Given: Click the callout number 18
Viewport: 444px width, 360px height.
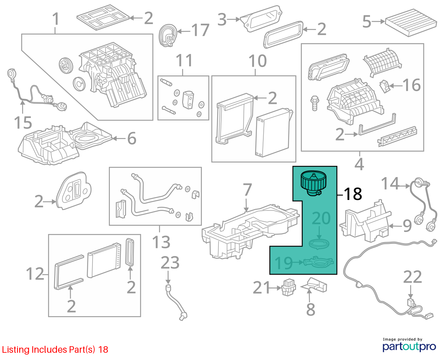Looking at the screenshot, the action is click(353, 194).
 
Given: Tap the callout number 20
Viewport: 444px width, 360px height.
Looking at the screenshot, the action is click(321, 218).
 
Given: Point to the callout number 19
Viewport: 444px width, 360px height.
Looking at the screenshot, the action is click(284, 263).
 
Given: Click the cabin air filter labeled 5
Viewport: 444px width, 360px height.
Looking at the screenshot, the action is click(411, 22).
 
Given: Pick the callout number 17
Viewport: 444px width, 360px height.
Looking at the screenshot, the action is click(200, 30).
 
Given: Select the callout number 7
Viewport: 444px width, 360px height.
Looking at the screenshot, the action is click(247, 189).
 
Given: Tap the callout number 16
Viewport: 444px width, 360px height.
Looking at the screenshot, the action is click(411, 85).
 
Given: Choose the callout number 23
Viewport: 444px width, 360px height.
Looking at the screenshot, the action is click(170, 263).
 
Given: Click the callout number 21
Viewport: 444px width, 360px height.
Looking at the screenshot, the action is click(261, 287).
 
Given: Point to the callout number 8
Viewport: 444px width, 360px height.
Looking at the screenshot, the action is click(311, 310).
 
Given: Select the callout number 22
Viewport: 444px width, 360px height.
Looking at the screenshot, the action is click(412, 277).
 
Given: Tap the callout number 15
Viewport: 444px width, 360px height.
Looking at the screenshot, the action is click(23, 123).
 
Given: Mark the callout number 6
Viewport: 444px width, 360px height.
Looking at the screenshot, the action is click(132, 138).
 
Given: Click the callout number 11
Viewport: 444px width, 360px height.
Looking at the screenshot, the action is click(184, 61).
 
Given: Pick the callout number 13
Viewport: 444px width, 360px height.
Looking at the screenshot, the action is click(161, 242).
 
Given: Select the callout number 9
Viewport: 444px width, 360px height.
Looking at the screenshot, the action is click(407, 226).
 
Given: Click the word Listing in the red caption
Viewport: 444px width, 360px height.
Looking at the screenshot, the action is click(16, 350).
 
